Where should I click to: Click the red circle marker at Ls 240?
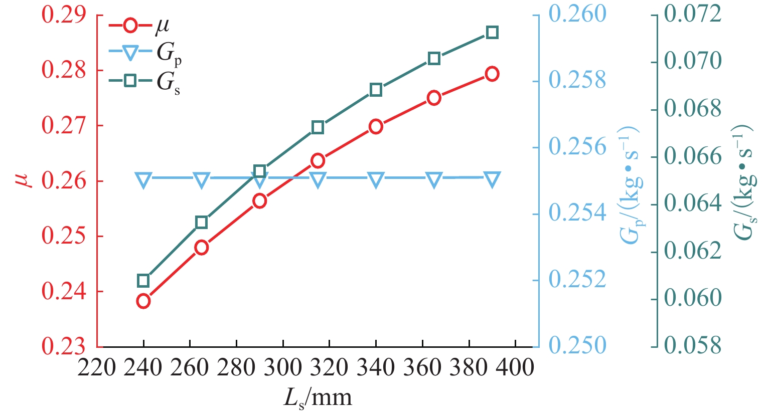point(143,301)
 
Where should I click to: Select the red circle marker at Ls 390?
point(492,74)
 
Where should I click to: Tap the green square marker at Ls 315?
point(318,127)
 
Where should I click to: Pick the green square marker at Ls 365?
point(434,59)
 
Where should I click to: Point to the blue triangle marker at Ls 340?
point(376,179)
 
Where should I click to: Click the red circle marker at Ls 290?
point(259,201)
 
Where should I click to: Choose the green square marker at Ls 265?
point(202,223)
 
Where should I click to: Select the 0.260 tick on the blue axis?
point(577,14)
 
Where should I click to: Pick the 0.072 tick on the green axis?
point(692,14)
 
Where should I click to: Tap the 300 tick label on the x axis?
point(282,368)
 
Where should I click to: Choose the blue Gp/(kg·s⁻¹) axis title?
point(630,185)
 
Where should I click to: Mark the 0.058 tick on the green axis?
point(692,346)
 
